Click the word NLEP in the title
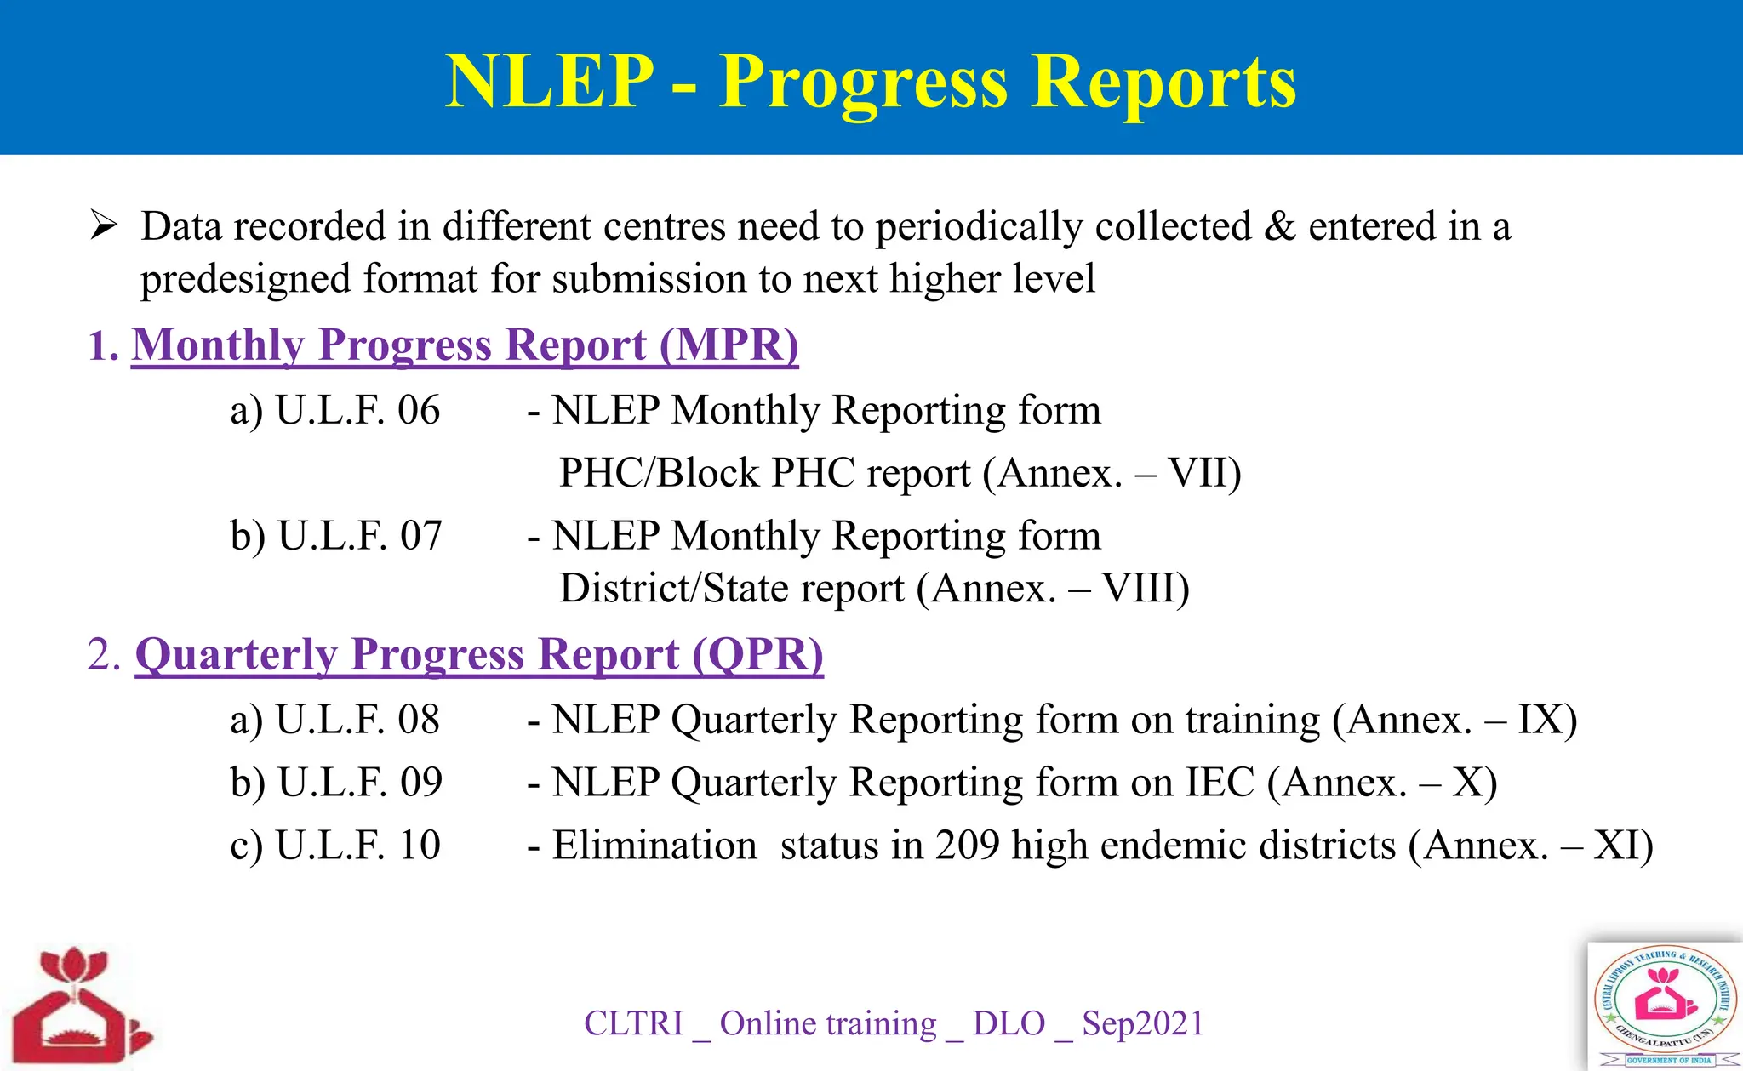(x=549, y=82)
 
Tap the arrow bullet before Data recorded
(x=103, y=226)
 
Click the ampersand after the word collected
(x=1279, y=227)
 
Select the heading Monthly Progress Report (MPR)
(x=465, y=345)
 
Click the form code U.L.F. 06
(x=357, y=411)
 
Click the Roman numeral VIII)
(x=1145, y=589)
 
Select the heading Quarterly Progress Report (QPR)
(x=479, y=655)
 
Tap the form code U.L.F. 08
(x=357, y=721)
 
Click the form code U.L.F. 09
(x=359, y=783)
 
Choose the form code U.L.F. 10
(x=357, y=846)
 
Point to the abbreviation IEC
(x=1220, y=783)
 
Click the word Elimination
(x=654, y=846)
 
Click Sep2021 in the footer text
(x=1142, y=1023)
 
